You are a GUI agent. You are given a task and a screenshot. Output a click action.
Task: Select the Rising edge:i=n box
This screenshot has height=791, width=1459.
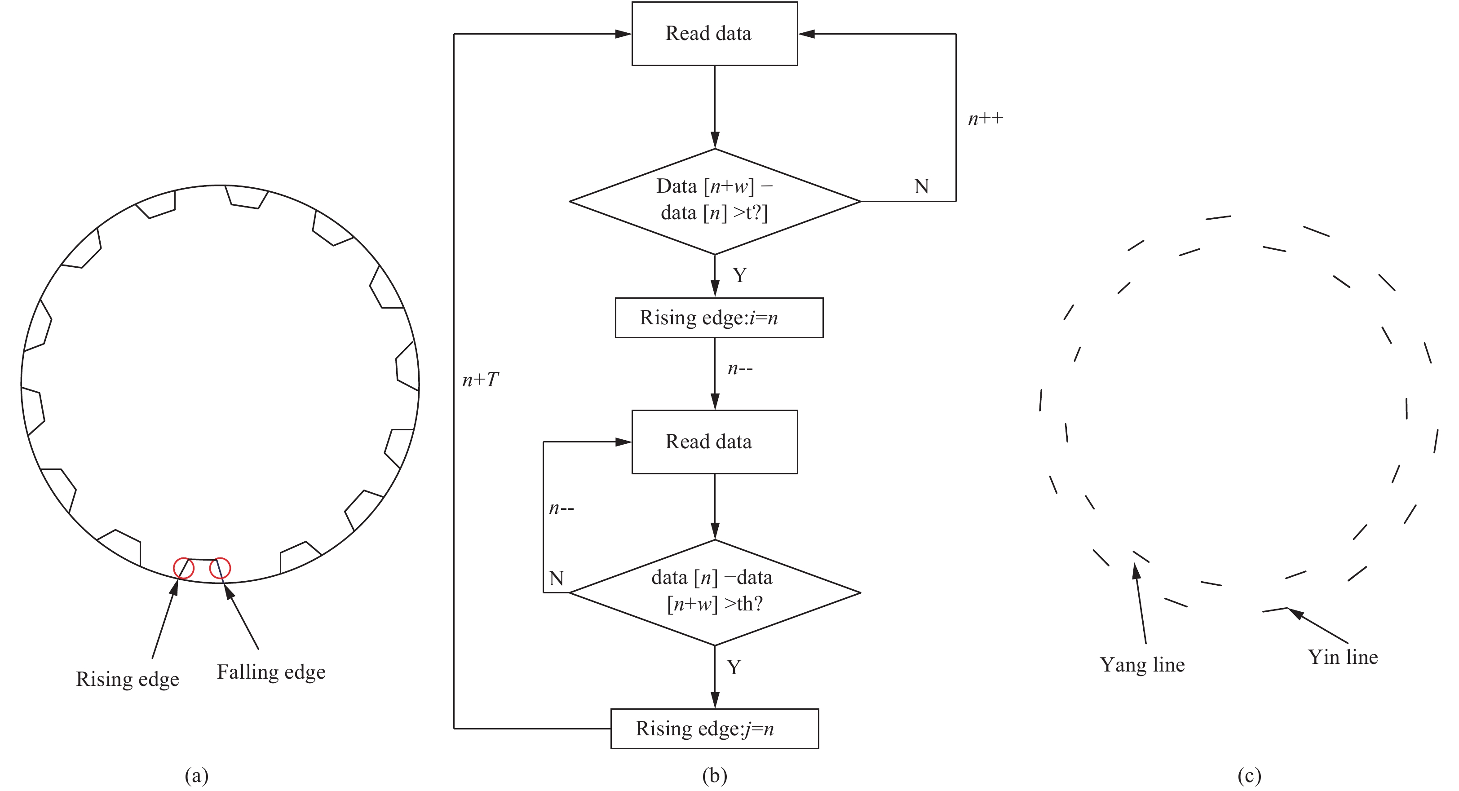719,318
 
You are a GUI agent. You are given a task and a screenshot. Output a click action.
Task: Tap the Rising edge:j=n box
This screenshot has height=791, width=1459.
714,728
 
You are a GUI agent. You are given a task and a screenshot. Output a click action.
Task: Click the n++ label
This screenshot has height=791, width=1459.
985,119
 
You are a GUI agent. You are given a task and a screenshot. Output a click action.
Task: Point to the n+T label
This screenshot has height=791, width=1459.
480,380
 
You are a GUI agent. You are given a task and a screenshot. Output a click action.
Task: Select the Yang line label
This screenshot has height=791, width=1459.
1142,665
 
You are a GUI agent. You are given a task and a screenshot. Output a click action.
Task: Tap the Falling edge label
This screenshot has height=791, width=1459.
271,672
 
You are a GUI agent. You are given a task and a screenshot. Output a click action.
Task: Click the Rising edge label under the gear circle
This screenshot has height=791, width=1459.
128,679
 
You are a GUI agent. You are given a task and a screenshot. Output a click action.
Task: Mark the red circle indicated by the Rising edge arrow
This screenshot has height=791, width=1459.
184,568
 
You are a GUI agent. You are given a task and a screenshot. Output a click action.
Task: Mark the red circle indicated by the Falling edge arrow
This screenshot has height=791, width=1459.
220,568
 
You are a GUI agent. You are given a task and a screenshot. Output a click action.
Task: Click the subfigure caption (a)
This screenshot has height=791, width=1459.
197,774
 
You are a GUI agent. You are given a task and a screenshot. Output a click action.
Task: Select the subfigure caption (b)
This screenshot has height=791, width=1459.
714,774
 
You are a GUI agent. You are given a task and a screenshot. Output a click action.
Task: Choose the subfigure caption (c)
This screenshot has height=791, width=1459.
1249,774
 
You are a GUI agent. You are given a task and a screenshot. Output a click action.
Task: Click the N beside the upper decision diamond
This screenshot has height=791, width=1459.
921,186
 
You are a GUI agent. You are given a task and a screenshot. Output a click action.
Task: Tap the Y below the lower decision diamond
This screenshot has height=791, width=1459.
734,667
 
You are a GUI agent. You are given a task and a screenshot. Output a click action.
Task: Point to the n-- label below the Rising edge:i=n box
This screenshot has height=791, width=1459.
740,369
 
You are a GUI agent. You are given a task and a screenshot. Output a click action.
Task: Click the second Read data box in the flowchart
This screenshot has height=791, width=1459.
714,442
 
